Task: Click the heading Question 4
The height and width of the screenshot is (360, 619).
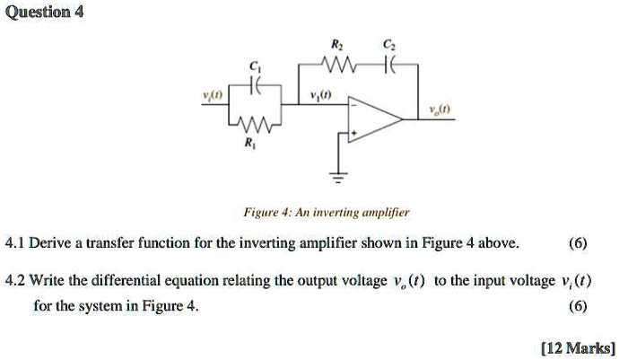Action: [42, 13]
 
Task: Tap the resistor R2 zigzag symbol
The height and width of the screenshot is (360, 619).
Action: [342, 63]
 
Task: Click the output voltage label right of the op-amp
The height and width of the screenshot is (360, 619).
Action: [438, 110]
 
